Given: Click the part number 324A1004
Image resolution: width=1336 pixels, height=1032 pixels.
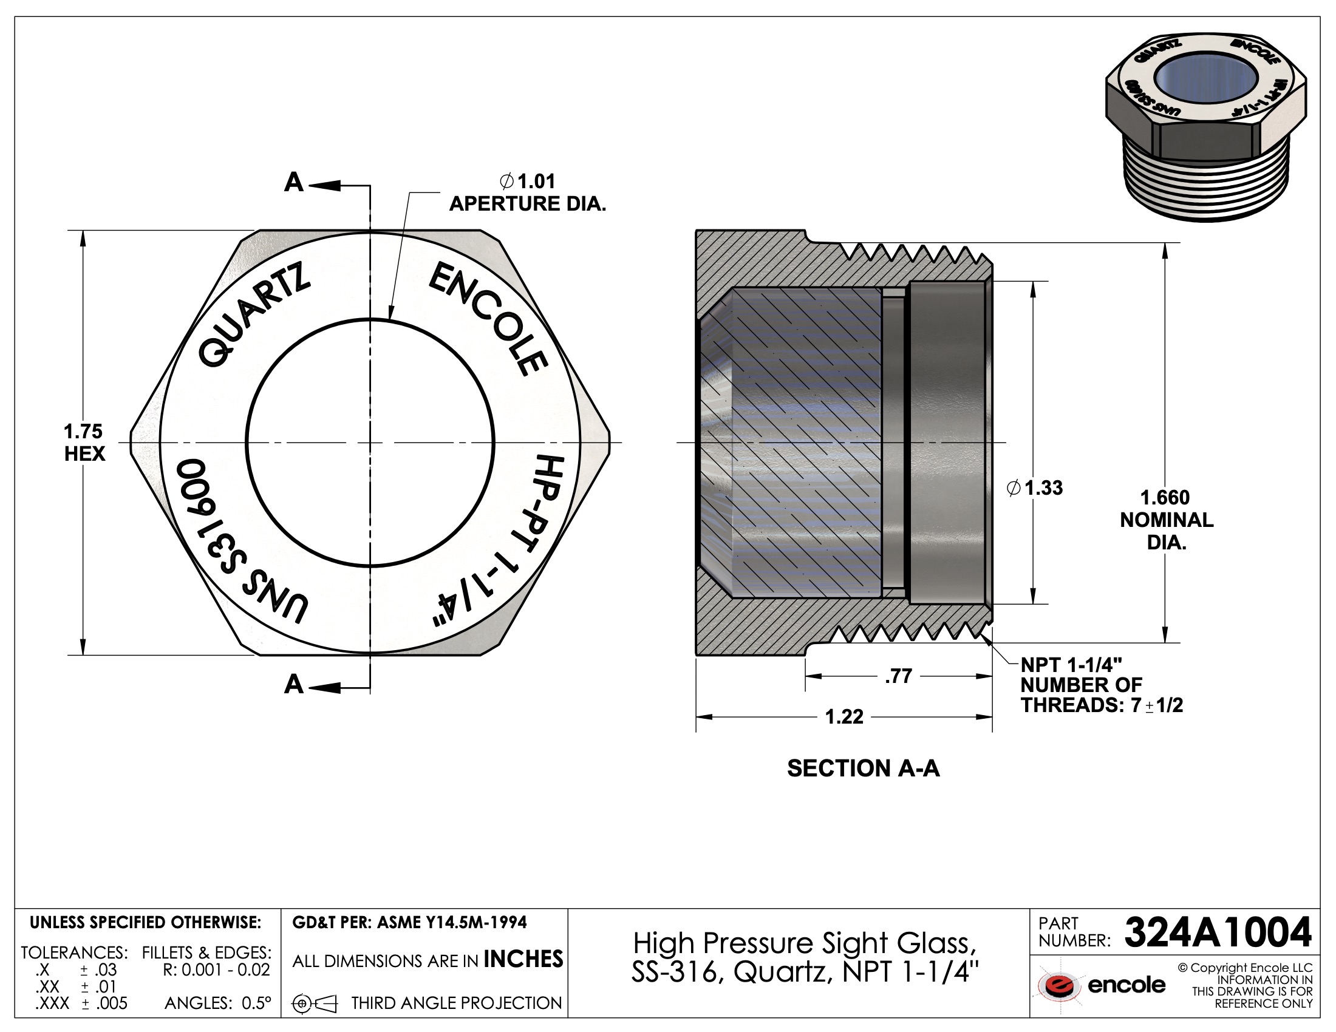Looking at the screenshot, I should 1218,932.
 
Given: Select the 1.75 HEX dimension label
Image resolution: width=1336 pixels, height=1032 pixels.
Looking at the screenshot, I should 84,443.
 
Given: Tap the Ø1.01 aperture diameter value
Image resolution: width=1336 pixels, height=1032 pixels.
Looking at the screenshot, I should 536,182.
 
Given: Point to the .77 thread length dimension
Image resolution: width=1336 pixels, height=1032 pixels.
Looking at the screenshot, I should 898,676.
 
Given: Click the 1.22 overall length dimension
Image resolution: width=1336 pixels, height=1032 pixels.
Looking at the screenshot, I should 844,716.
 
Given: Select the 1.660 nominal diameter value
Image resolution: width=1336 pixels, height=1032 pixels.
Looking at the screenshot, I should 1165,498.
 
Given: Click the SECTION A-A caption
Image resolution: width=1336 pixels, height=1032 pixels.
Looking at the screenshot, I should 862,769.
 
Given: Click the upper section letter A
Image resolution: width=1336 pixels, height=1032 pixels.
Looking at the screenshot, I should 294,182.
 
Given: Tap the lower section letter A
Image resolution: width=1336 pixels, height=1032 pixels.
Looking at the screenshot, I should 294,685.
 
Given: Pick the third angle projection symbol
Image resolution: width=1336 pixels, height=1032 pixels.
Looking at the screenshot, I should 315,1003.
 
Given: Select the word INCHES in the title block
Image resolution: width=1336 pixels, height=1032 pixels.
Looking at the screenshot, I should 523,959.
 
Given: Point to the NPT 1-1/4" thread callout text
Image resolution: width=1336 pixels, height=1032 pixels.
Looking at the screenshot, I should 1071,665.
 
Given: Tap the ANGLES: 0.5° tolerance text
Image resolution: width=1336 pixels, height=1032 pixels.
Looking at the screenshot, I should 218,1003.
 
